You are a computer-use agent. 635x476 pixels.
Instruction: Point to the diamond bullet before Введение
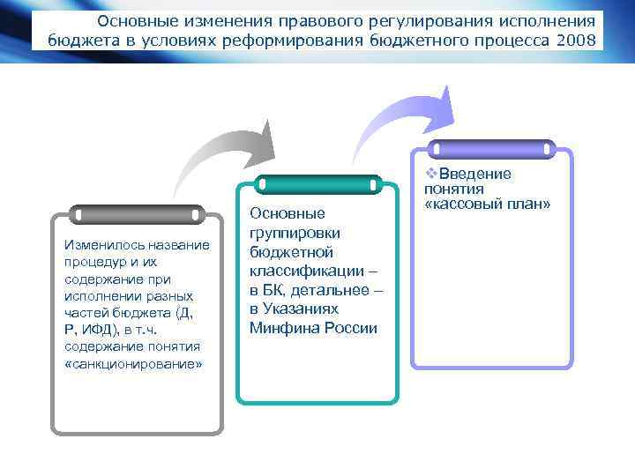tap(430, 174)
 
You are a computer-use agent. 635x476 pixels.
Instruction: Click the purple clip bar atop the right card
tap(491, 149)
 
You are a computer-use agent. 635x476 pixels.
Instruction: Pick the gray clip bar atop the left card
tap(136, 214)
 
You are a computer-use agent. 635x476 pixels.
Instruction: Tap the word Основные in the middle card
tap(288, 213)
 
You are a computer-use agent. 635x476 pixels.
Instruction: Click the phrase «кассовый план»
tap(487, 205)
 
